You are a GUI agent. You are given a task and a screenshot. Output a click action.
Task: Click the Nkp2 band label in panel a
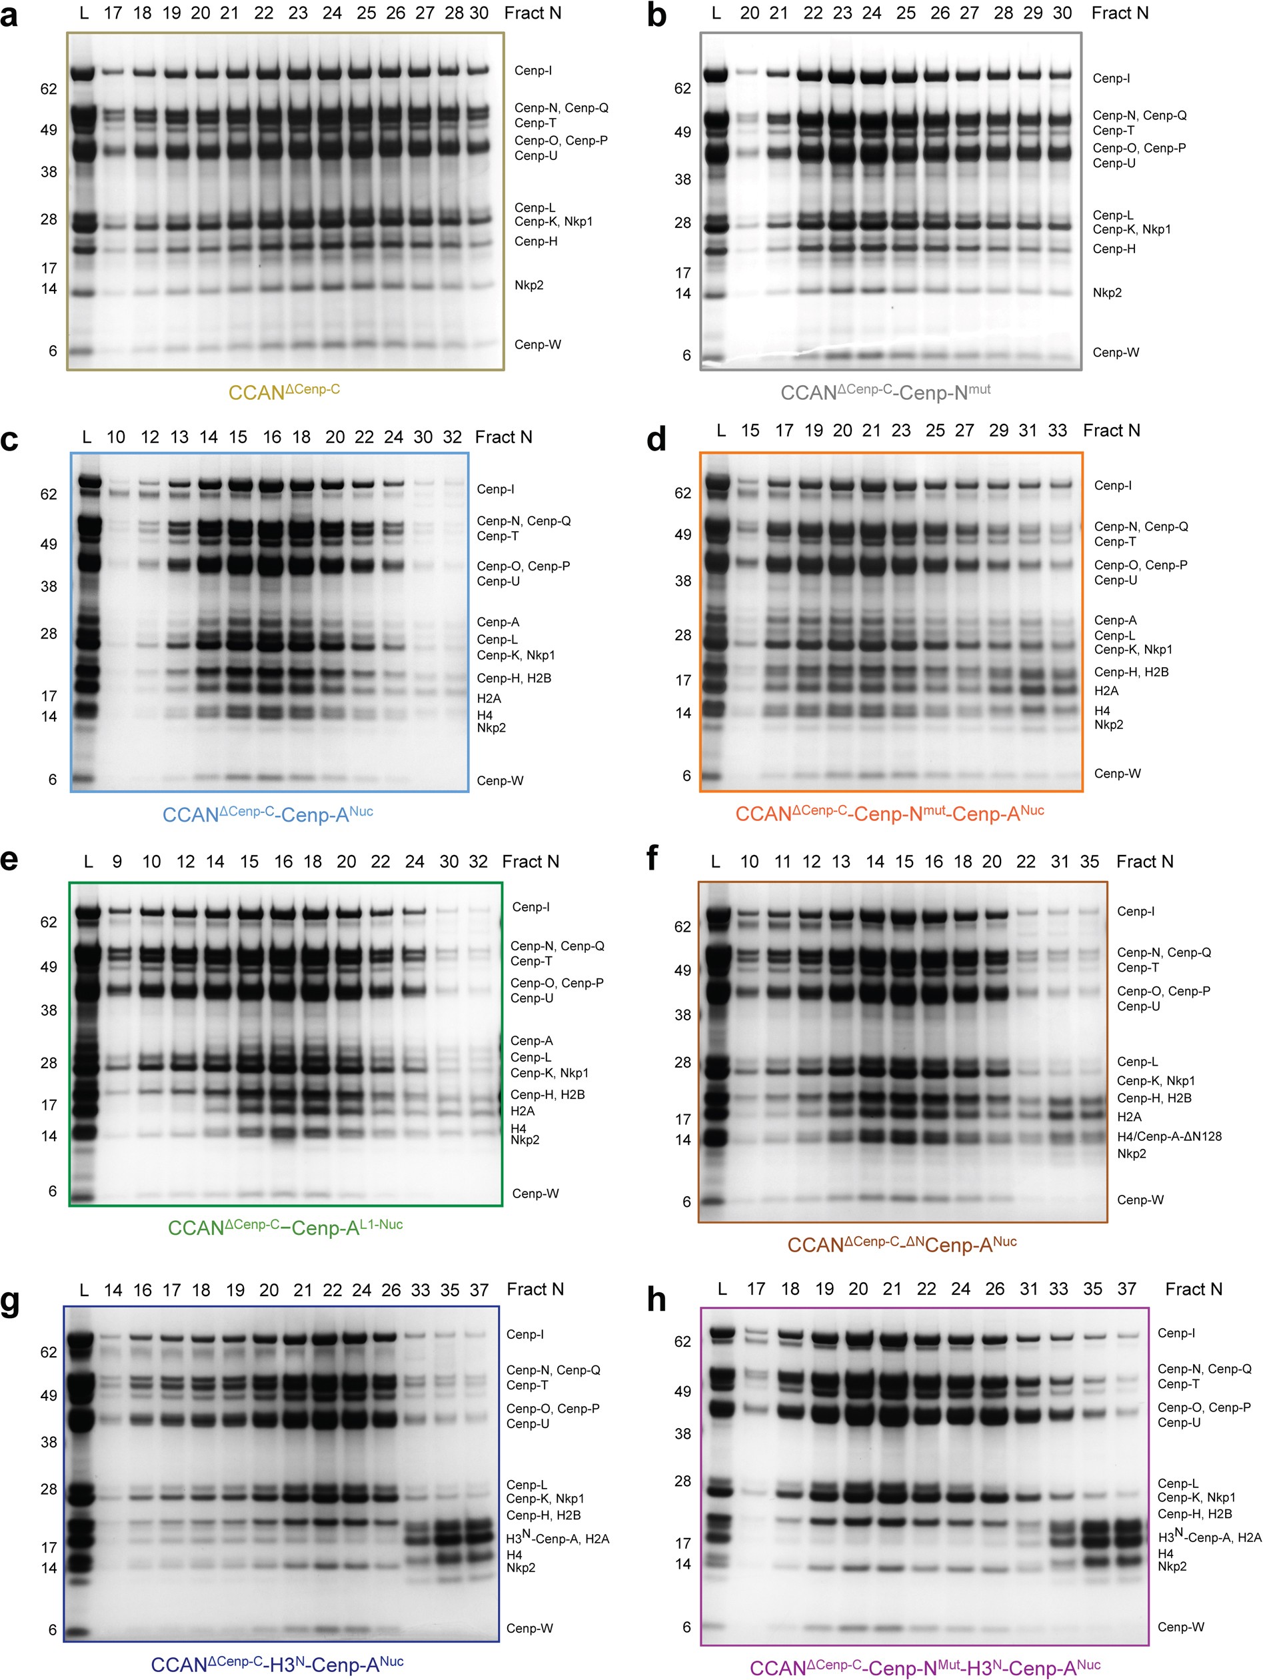[529, 285]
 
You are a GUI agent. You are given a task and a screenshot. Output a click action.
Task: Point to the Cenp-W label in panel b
[1115, 353]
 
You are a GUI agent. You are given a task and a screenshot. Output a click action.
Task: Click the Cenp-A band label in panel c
[497, 622]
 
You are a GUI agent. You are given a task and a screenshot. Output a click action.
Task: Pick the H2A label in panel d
[1106, 691]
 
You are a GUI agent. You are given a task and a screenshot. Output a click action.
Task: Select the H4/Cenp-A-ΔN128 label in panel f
[1169, 1136]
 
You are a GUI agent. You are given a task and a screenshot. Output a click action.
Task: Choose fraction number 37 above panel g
[479, 1289]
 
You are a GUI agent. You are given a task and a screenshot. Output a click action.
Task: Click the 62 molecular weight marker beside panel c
[49, 494]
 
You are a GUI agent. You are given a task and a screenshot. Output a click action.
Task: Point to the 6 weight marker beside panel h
[686, 1627]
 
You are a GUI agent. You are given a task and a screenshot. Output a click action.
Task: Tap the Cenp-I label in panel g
[525, 1334]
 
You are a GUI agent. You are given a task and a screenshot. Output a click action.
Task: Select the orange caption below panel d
[889, 814]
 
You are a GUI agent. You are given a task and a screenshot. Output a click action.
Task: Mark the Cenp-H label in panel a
[535, 241]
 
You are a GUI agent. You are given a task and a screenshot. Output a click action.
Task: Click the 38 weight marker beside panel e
[49, 1010]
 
